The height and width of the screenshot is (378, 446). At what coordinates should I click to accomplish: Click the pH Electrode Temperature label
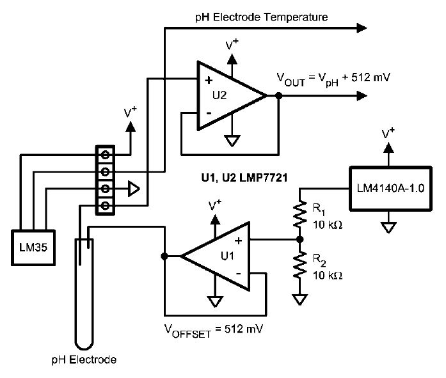262,17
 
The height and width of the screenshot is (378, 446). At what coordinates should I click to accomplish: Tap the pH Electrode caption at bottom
84,359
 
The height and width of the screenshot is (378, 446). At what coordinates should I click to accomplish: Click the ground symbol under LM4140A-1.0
386,225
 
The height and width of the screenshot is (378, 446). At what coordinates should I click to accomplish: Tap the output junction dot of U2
279,96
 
